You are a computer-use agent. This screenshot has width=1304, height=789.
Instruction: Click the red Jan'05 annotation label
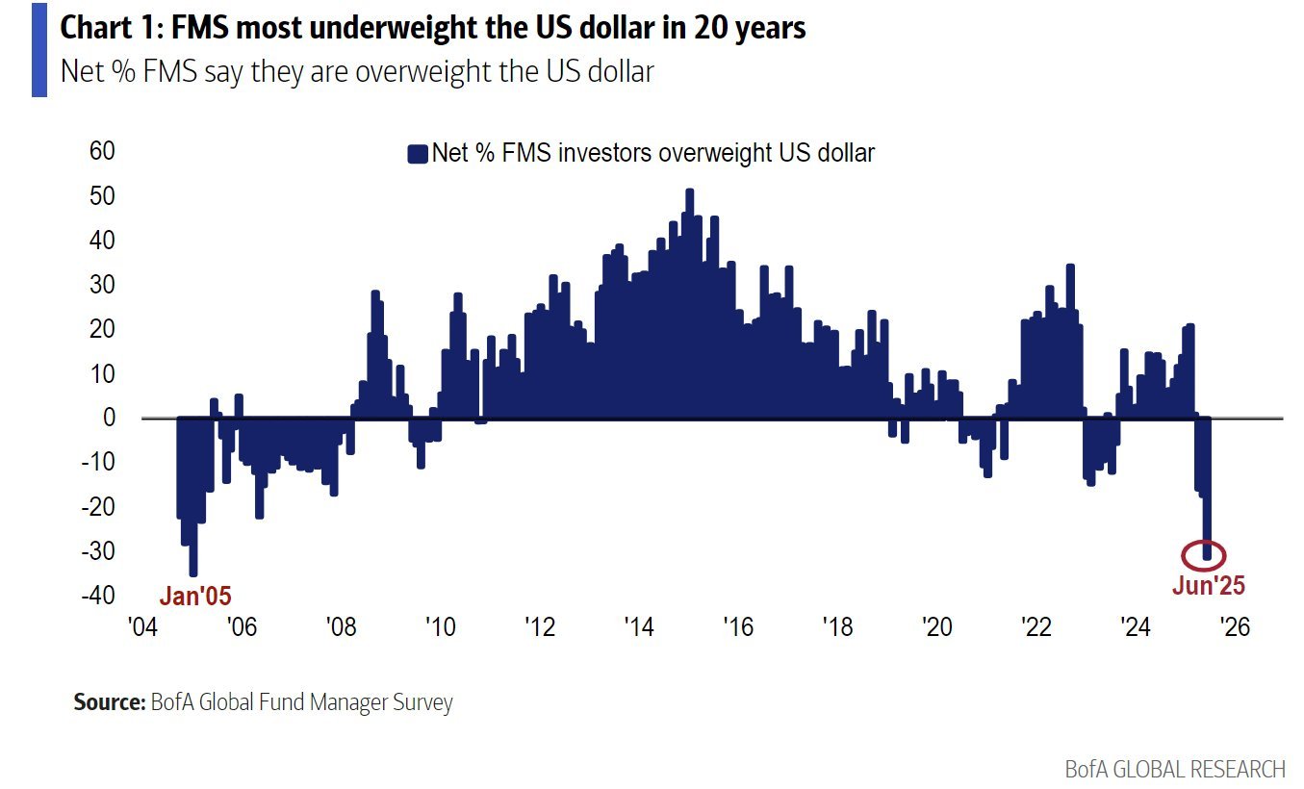(x=195, y=596)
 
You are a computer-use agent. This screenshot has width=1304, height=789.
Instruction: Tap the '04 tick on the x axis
(x=142, y=627)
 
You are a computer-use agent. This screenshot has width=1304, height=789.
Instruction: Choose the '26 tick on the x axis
(x=1234, y=627)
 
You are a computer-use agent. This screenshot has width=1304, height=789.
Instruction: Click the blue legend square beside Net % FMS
(x=417, y=154)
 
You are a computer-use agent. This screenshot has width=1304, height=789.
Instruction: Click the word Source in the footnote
(x=108, y=702)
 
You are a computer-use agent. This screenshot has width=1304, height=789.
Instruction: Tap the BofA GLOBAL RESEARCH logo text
(x=1174, y=769)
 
